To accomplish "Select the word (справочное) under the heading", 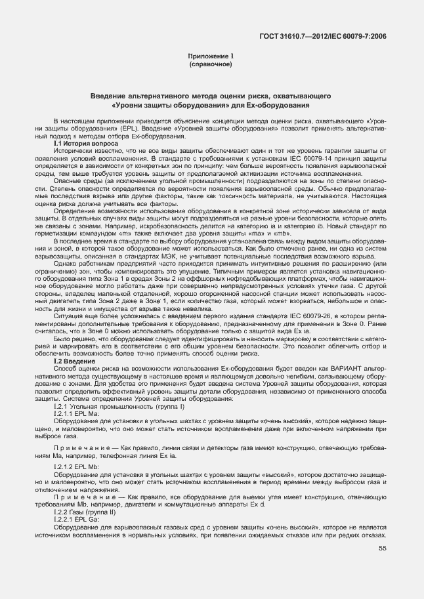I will [211, 66].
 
